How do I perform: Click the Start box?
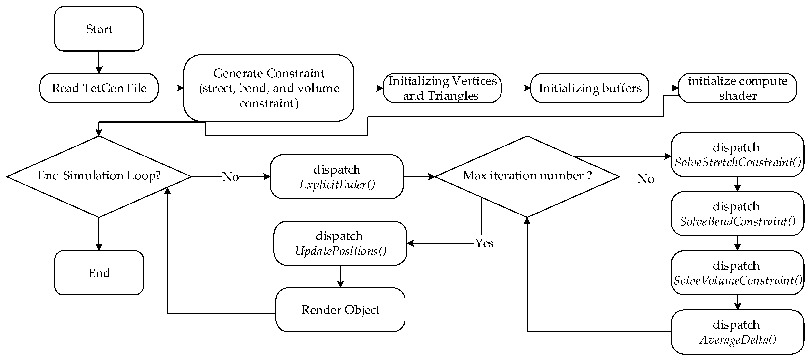pos(99,29)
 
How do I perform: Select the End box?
pos(99,272)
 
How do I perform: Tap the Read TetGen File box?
pos(99,88)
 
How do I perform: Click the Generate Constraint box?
pos(269,88)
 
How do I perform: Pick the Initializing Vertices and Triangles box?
pos(442,88)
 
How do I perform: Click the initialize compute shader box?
pos(737,88)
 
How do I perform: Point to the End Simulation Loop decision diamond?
pos(99,176)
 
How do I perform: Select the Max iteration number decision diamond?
pos(527,176)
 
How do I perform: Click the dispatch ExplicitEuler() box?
pos(337,177)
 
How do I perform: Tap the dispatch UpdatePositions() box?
pos(340,243)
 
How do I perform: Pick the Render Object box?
pos(340,310)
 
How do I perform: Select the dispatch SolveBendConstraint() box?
pos(737,214)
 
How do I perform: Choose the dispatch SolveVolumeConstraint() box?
pos(737,272)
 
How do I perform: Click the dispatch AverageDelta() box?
pos(737,332)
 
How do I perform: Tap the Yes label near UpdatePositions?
pos(484,243)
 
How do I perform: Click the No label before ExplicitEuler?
pos(231,177)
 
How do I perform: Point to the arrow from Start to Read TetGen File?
pos(99,62)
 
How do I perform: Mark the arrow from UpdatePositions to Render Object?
pos(340,276)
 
